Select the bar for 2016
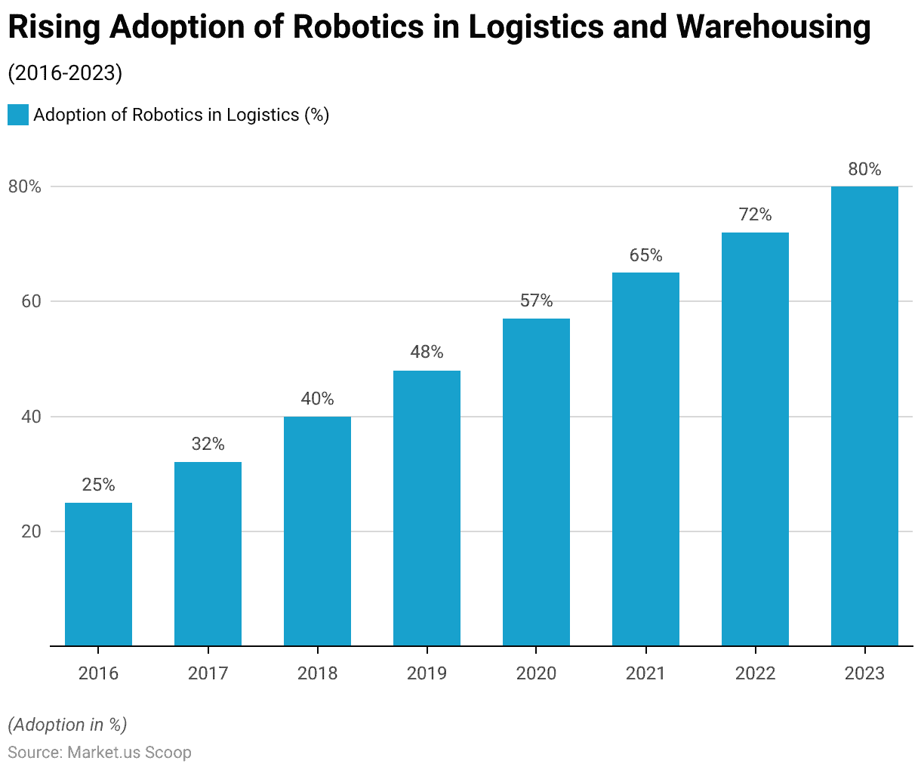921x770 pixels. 98,574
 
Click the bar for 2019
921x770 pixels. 427,508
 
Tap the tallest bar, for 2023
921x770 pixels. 864,416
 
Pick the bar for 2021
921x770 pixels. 645,459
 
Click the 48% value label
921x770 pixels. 427,353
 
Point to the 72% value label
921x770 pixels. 755,215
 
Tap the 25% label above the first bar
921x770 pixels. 98,485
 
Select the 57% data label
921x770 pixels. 536,301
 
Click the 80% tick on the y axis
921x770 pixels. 24,187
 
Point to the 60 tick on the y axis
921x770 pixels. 29,302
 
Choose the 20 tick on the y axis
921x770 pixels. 29,531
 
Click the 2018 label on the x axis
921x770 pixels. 317,673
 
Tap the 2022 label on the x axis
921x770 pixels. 755,673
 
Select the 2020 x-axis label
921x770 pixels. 536,673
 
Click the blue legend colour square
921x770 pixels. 18,115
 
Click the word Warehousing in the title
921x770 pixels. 773,28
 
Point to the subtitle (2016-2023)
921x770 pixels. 65,73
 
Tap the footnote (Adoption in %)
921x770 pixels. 67,725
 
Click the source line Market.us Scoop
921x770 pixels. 100,753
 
